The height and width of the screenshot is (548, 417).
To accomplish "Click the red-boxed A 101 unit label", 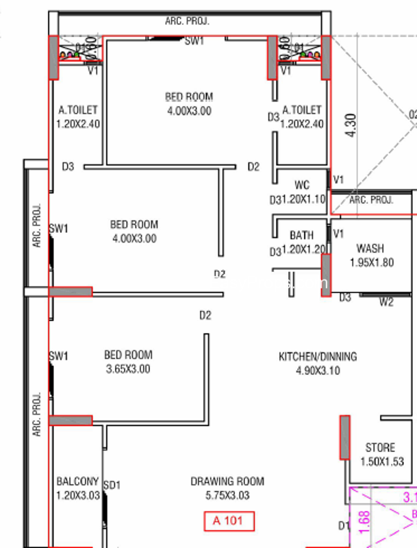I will [x=229, y=521].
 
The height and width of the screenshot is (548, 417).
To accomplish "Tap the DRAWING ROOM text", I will [x=227, y=482].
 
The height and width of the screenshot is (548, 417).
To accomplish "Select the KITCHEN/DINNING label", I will [x=317, y=357].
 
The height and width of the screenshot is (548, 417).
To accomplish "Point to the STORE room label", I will [x=379, y=448].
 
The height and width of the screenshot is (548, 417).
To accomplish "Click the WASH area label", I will [x=370, y=249].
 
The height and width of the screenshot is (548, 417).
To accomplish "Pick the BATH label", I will [x=301, y=236].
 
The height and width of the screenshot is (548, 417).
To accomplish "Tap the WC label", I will [x=302, y=185].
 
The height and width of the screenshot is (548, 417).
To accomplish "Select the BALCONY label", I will [x=77, y=482].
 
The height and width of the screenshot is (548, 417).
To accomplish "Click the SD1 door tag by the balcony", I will [x=112, y=485].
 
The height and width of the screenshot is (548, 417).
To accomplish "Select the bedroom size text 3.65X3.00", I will [x=127, y=369].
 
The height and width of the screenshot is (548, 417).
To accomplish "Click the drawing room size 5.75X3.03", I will [x=227, y=495].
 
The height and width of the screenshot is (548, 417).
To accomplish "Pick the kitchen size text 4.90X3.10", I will [x=317, y=371].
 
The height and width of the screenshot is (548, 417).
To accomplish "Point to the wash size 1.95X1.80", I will [x=371, y=262].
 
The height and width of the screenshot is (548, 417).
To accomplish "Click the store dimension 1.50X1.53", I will [x=379, y=462].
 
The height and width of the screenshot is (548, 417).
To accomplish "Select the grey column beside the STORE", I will [x=344, y=437].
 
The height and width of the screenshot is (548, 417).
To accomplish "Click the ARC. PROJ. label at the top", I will [x=187, y=21].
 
